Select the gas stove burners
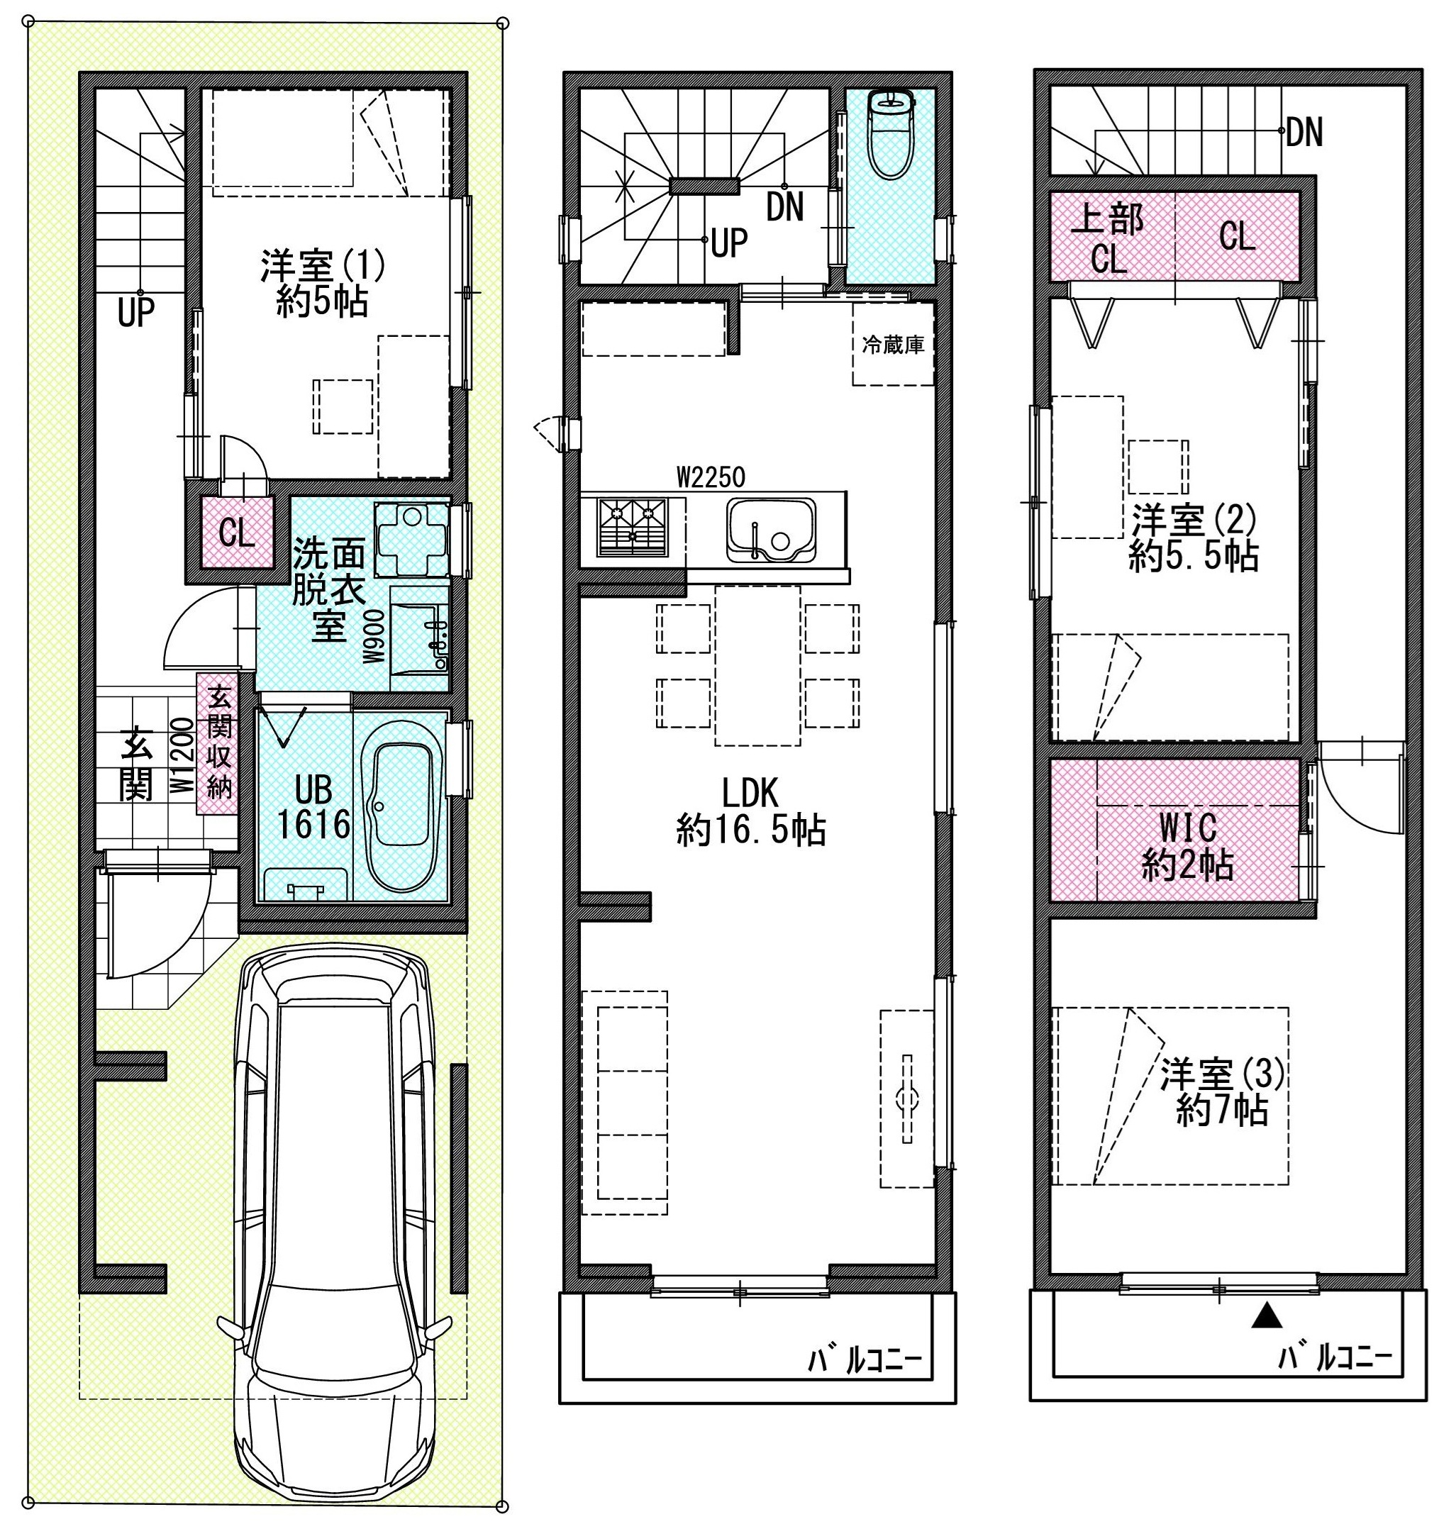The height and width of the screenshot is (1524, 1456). tap(633, 528)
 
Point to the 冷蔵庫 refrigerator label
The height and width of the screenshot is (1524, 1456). tap(893, 345)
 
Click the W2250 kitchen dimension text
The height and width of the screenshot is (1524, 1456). tap(711, 477)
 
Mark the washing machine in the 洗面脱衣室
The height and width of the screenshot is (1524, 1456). tap(412, 539)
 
